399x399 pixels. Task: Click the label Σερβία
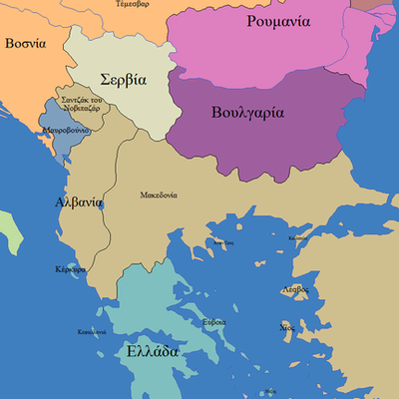[124, 79]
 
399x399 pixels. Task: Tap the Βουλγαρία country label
[249, 113]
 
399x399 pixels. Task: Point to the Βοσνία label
[25, 44]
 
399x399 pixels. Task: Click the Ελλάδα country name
[153, 351]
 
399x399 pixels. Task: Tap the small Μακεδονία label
[159, 195]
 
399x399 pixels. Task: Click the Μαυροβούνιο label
[66, 131]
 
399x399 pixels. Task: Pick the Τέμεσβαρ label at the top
[135, 4]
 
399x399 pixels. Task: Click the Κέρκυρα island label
[70, 270]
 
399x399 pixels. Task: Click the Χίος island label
[288, 327]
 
